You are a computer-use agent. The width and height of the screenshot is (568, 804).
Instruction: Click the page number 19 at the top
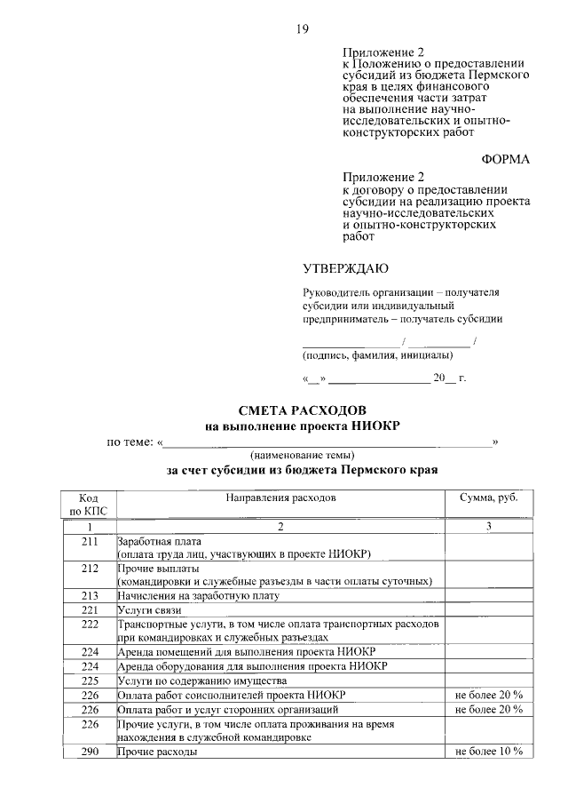click(x=303, y=30)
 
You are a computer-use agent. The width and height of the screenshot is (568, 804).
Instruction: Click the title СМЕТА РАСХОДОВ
click(x=302, y=410)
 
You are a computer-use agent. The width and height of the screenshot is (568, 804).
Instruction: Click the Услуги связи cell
click(x=149, y=611)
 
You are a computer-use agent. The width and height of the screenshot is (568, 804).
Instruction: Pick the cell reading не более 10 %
click(x=487, y=751)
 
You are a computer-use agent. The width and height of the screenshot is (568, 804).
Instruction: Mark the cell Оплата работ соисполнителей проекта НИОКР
click(x=232, y=694)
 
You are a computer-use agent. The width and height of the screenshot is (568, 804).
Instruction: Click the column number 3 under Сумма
click(x=487, y=527)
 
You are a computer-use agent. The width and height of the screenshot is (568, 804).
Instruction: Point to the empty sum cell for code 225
click(x=487, y=680)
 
